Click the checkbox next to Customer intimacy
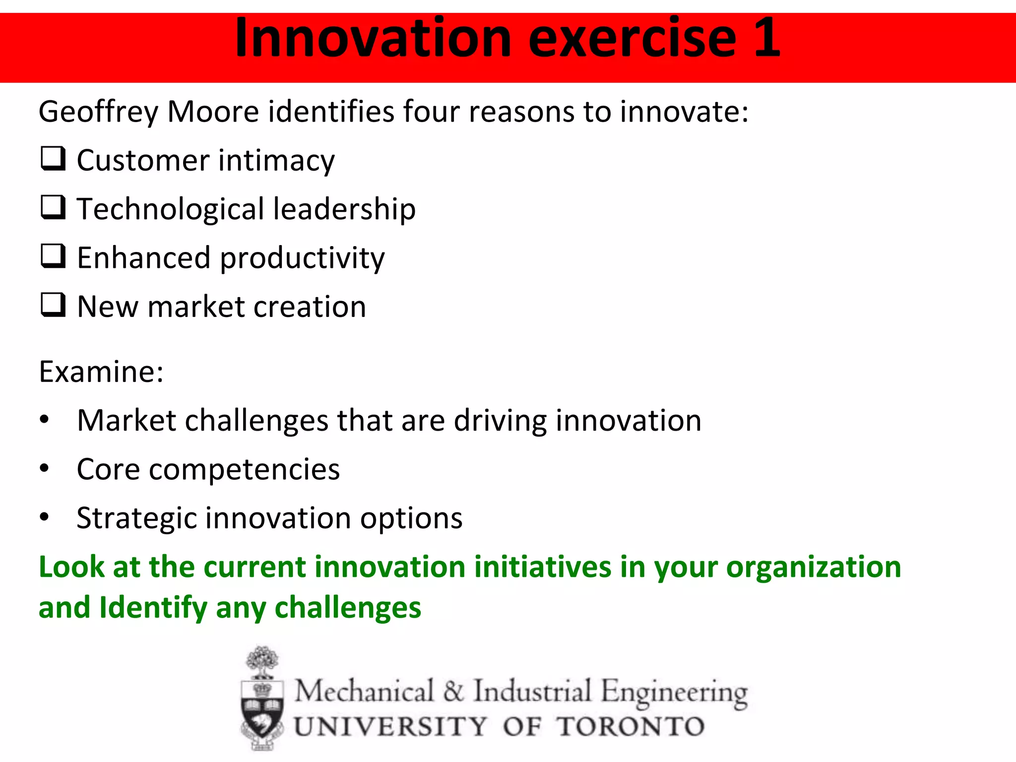[53, 159]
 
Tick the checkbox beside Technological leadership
[53, 207]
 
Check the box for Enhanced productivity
[53, 256]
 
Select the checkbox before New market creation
[53, 305]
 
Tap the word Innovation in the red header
[373, 38]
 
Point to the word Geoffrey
[98, 112]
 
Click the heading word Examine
[101, 372]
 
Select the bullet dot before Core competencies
[45, 468]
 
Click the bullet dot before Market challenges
[45, 420]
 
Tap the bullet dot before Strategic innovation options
[45, 517]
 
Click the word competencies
[244, 470]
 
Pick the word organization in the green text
[813, 568]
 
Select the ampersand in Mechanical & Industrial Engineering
[453, 691]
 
